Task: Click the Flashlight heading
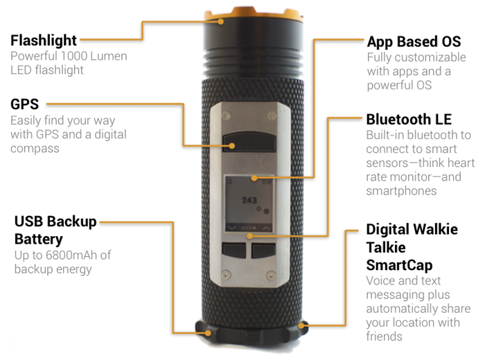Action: point(44,41)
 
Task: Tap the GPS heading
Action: point(25,104)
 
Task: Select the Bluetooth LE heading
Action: point(409,119)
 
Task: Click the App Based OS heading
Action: point(414,42)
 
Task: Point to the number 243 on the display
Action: point(249,200)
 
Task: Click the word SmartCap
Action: point(399,265)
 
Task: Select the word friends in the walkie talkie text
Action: point(384,336)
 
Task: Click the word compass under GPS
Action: point(35,149)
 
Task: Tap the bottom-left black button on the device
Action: point(234,251)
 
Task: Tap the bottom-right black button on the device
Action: point(263,251)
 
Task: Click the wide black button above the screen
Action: point(249,142)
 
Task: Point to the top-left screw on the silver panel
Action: point(227,116)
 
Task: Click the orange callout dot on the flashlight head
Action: point(220,21)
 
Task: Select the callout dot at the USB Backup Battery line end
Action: point(208,333)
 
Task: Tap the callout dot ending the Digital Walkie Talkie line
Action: point(301,325)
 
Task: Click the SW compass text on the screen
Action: point(267,182)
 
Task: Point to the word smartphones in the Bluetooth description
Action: point(401,191)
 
